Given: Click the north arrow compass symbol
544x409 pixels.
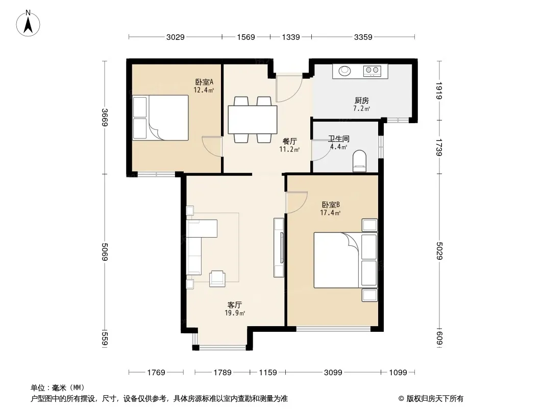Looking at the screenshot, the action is click(28, 24).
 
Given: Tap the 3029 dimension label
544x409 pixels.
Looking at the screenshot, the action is click(175, 37).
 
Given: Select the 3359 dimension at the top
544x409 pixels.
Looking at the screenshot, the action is click(363, 37).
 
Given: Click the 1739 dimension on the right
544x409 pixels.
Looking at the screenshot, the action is click(439, 147).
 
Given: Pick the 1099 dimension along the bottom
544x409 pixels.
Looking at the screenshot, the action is click(398, 373).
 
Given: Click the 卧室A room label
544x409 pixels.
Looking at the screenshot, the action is click(204, 82).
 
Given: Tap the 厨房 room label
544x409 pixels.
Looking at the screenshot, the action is click(361, 101).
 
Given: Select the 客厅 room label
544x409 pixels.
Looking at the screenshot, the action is click(235, 305).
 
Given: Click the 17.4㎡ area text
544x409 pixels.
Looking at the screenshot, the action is click(330, 213).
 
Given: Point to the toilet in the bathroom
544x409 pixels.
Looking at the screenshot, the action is click(359, 161).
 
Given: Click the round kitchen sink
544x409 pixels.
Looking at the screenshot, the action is click(344, 71).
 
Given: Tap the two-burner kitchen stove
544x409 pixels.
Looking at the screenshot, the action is click(372, 71).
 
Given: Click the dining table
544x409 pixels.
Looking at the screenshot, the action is click(253, 120).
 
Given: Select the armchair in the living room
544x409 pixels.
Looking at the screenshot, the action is click(217, 279).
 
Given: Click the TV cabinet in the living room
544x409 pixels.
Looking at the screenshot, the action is click(279, 247).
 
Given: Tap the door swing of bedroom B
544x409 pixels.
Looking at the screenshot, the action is click(296, 202).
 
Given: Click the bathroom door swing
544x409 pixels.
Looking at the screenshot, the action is click(321, 150).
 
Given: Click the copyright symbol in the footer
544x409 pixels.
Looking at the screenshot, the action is click(401, 399).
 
